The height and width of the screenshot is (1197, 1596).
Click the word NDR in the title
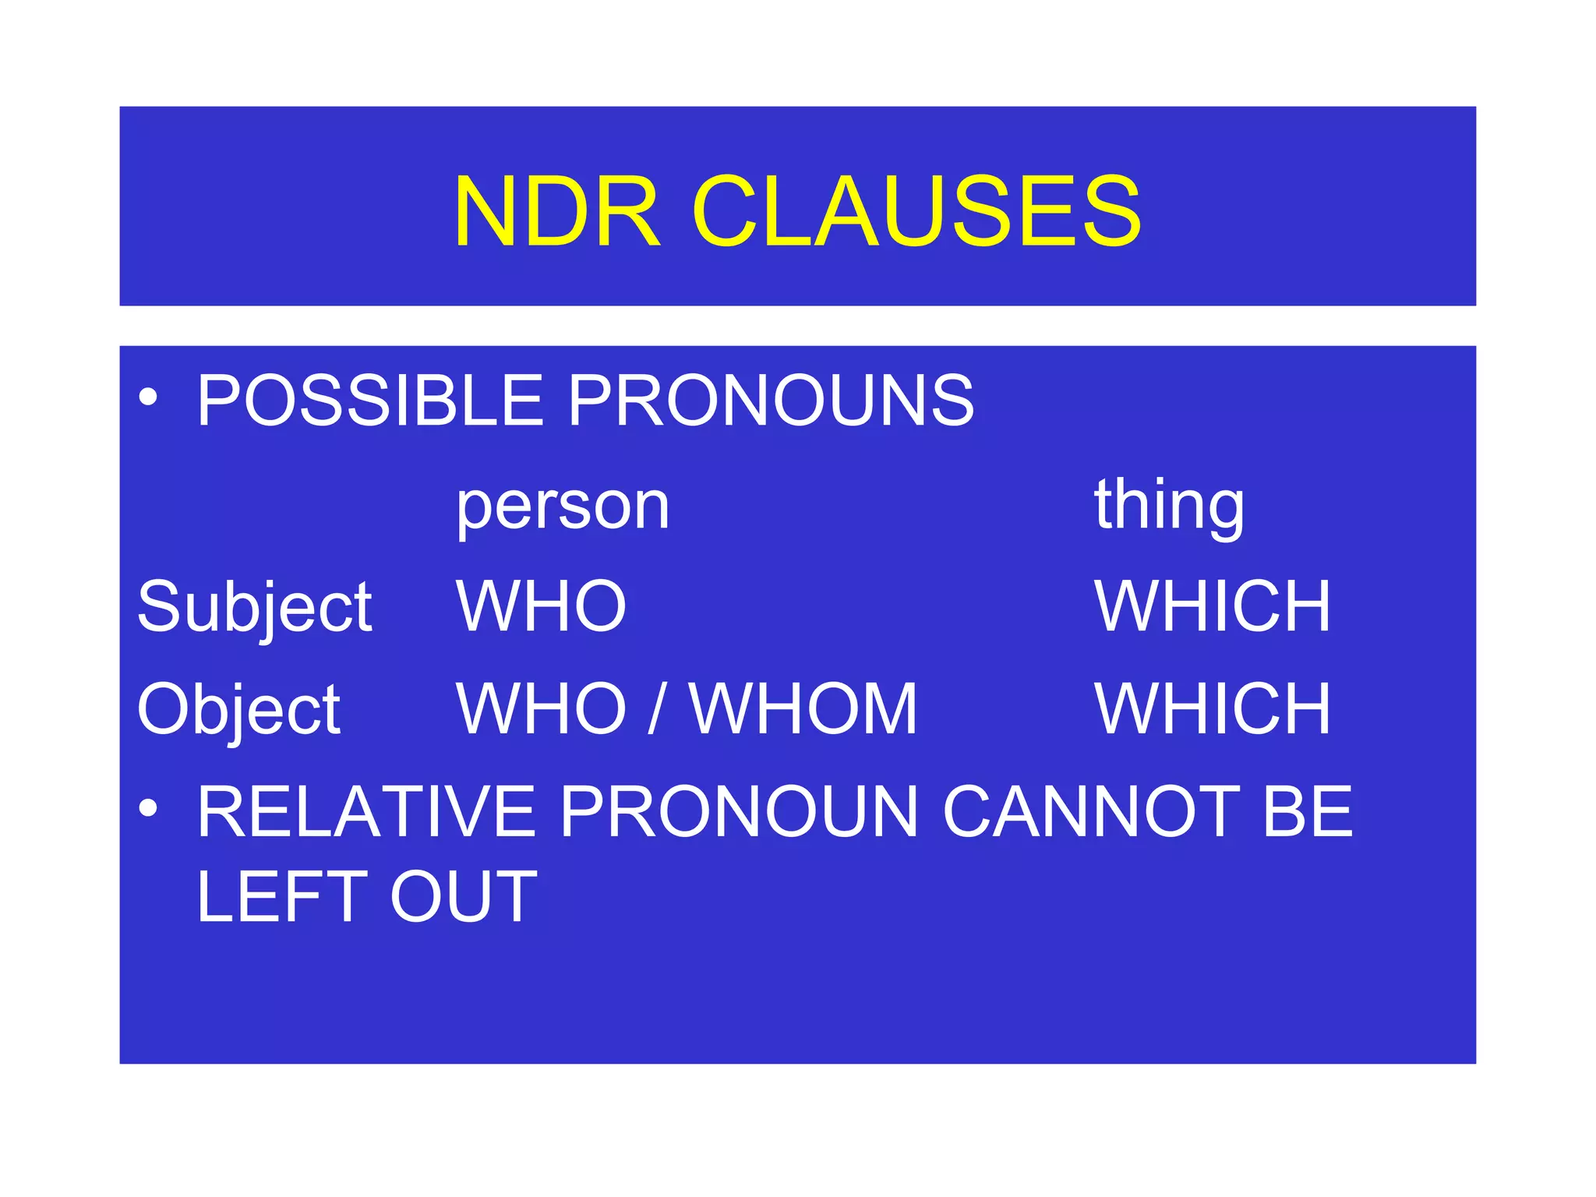pos(557,212)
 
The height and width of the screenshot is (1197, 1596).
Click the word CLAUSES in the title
pos(916,212)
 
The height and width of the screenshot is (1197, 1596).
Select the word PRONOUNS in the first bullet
pos(771,401)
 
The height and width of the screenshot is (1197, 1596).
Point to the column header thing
pos(1169,506)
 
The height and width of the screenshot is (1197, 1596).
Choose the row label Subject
pos(255,608)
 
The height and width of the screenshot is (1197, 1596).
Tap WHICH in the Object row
pos(1213,709)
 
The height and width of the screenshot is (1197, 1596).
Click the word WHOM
pos(803,709)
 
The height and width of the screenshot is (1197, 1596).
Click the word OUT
pos(464,897)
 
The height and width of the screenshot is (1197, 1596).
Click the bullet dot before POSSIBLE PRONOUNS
pos(148,399)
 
